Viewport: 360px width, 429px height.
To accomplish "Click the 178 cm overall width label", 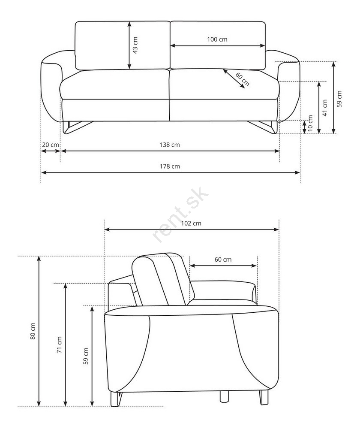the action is pos(170,166).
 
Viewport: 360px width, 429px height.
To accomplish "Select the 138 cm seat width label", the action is pos(170,145).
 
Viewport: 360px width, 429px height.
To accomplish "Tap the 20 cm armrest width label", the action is pos(50,145).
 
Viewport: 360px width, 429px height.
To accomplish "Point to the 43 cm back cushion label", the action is pos(135,45).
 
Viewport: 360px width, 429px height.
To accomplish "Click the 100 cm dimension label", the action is pos(217,39).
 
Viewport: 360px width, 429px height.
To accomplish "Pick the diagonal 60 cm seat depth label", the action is pos(242,79).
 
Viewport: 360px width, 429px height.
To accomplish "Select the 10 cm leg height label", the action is pos(310,123).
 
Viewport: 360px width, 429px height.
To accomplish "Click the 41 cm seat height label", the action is pos(325,108).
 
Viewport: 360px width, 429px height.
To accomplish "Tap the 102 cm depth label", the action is pos(191,223).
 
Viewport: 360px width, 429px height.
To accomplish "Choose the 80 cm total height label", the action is pos(33,331).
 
